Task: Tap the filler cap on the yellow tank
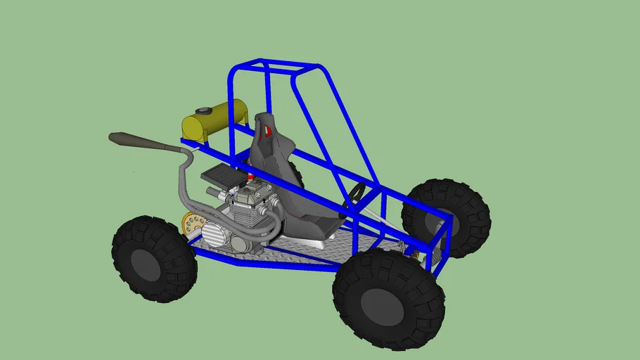[x=203, y=111]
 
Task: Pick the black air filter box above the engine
[x=224, y=175]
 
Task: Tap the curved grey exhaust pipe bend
[x=184, y=165]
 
